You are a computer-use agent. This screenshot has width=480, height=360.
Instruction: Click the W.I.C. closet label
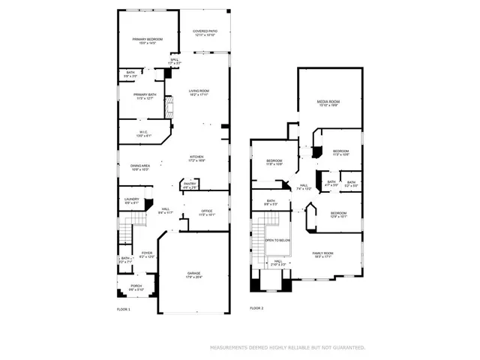142,133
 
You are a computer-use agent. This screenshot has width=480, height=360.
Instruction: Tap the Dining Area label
141,167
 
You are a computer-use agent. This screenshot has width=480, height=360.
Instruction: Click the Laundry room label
131,200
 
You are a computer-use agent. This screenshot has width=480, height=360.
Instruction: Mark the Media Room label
328,103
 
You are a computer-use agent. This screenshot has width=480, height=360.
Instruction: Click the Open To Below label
278,241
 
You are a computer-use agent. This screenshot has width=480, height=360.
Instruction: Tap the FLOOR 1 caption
123,309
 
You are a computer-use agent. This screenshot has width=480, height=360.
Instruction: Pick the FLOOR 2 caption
257,308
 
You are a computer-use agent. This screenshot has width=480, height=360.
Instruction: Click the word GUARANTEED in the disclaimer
348,348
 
